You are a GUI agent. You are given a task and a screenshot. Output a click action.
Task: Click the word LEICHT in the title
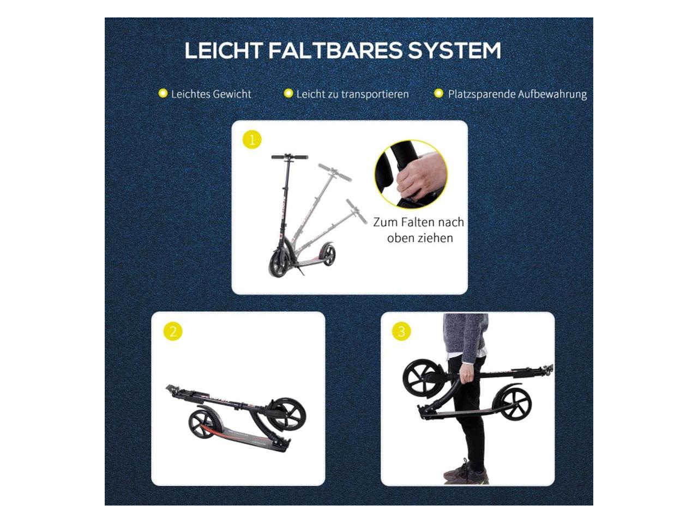223,51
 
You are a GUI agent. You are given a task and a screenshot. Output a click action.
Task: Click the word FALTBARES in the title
335,51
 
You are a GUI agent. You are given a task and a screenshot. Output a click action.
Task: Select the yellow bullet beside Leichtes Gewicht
163,93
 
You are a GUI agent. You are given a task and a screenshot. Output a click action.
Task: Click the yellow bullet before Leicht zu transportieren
288,93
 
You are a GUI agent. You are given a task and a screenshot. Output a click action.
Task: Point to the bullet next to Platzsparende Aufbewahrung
439,93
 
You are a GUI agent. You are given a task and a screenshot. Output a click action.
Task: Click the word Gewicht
232,94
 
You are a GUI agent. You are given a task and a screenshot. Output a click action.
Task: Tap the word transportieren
375,94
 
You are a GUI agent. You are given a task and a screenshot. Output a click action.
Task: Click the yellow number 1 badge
252,139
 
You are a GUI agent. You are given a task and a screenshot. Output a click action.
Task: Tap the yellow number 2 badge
173,332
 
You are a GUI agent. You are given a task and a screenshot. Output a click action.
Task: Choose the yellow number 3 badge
402,331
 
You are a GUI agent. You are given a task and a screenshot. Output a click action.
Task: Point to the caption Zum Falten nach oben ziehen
419,230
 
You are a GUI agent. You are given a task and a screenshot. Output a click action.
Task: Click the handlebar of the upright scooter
290,157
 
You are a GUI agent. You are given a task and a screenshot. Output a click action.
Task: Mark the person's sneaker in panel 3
466,473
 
